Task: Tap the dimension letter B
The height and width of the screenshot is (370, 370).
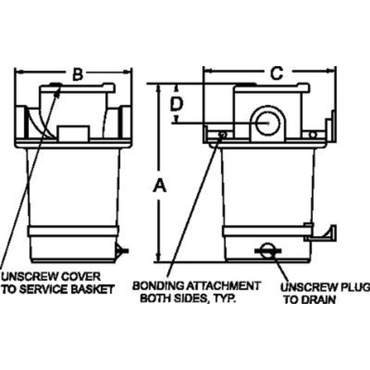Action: click(78, 74)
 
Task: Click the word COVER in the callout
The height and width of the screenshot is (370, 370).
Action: click(83, 277)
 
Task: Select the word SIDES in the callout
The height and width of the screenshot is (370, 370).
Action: click(190, 298)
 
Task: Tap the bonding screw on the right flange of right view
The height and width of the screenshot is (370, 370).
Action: click(313, 135)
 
